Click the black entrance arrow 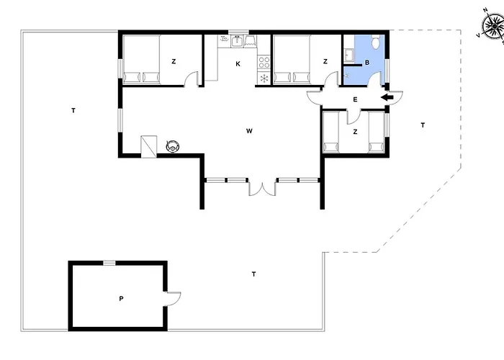(x=387, y=97)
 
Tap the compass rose (x=493, y=25)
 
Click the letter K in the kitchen (x=238, y=64)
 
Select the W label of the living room (x=249, y=131)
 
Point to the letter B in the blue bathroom (x=367, y=63)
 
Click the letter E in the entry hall (x=355, y=99)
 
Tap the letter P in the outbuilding (x=121, y=299)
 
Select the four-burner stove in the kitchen (x=264, y=63)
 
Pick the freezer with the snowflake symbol (x=264, y=78)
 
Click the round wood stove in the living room (x=173, y=147)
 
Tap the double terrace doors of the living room (x=262, y=189)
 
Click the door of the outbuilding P (x=173, y=299)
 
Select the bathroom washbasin (x=348, y=55)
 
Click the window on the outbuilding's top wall (x=109, y=263)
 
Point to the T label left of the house (x=73, y=111)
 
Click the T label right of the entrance (x=423, y=125)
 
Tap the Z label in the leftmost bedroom (x=174, y=61)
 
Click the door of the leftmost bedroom (x=192, y=78)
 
